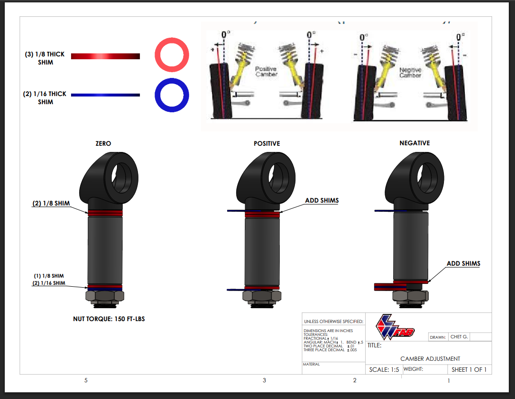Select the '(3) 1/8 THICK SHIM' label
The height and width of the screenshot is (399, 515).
pos(45,58)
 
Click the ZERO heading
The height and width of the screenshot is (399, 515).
pos(103,143)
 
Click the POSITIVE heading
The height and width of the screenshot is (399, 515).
pos(267,143)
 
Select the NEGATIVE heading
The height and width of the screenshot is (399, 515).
pos(414,143)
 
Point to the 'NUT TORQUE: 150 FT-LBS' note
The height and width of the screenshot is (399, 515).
pos(109,319)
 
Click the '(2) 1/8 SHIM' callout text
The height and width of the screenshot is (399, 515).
pos(51,203)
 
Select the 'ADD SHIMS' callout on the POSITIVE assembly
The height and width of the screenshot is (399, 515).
pos(322,200)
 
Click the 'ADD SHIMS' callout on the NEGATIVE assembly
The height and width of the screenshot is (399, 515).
pos(463,263)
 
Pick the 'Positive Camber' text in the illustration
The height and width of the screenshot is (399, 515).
pos(266,72)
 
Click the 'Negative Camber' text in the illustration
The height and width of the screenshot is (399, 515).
pos(410,73)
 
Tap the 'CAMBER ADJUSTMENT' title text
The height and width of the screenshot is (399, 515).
pos(430,358)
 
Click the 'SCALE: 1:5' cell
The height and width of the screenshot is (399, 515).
pos(384,369)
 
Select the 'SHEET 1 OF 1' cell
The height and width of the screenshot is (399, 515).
pos(469,369)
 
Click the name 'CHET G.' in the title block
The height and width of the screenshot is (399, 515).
pos(459,336)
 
